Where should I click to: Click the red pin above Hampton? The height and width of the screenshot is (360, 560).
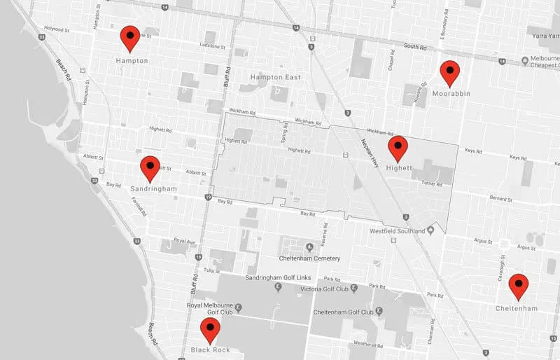pyautogui.click(x=129, y=38)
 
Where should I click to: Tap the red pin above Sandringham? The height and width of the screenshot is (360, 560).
pyautogui.click(x=150, y=168)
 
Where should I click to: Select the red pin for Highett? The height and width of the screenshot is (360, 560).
pyautogui.click(x=398, y=148)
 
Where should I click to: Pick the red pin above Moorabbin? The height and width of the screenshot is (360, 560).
pyautogui.click(x=449, y=73)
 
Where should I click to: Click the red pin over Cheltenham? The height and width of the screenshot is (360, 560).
pyautogui.click(x=518, y=286)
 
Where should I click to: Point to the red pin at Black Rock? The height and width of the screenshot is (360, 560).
pyautogui.click(x=209, y=329)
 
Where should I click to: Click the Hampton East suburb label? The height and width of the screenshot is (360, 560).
pyautogui.click(x=275, y=77)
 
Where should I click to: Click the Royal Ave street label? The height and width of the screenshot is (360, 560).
pyautogui.click(x=184, y=242)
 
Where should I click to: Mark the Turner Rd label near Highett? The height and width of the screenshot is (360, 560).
pyautogui.click(x=431, y=184)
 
